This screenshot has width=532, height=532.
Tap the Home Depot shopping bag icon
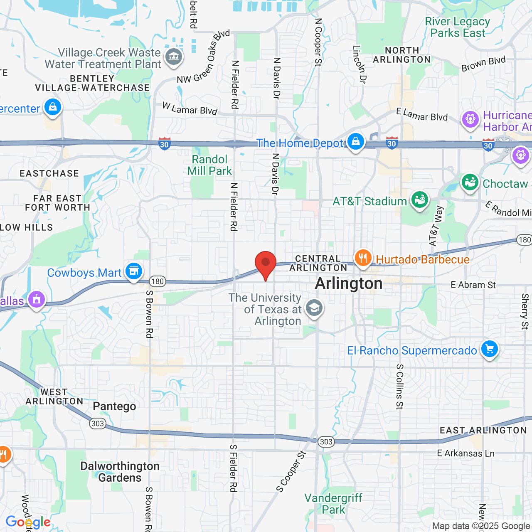pos(356,142)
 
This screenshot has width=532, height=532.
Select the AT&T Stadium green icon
pos(420,200)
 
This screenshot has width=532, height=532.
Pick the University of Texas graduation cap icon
pos(314,308)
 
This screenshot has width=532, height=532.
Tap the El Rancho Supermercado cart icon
pos(489,349)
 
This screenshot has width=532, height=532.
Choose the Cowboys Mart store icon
pos(133,271)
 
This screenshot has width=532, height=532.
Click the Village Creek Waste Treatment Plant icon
pos(173,57)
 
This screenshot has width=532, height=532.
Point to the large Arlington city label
pos(349,283)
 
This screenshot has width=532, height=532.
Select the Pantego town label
pos(114,406)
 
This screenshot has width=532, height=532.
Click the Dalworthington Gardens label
pos(120,472)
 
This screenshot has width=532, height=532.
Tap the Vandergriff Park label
pos(333,504)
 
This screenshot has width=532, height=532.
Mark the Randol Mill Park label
pos(209,165)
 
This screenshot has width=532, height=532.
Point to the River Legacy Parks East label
pos(457,27)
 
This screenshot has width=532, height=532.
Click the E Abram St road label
pos(473,285)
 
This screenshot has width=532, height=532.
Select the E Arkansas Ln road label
pos(465,453)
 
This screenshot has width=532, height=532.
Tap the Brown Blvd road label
pos(483,64)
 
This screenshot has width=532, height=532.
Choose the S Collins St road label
pos(399,387)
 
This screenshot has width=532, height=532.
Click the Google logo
pos(28,522)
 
